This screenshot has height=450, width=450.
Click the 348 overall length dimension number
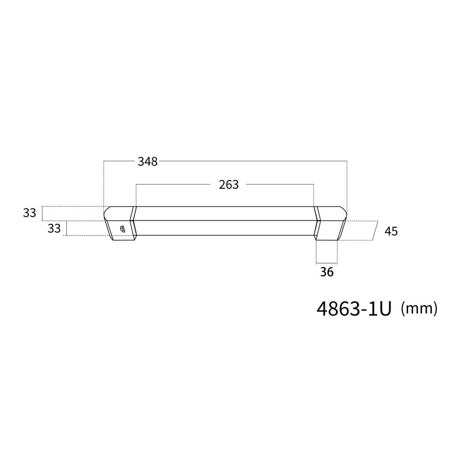click(x=148, y=162)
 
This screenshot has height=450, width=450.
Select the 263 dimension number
click(x=229, y=184)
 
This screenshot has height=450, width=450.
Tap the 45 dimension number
click(x=391, y=231)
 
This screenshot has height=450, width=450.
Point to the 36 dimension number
click(x=327, y=272)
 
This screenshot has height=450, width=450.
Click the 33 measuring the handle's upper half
click(x=30, y=213)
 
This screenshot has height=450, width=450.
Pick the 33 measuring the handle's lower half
click(x=54, y=228)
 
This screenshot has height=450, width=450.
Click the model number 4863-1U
click(x=354, y=309)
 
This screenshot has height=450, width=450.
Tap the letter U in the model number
click(x=384, y=309)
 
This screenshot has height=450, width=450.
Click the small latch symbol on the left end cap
click(x=122, y=229)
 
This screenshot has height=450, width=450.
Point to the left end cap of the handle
click(x=119, y=223)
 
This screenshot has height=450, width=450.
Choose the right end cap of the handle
click(x=330, y=223)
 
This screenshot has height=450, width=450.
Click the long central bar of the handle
click(x=225, y=221)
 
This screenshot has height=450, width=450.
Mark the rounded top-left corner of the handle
click(x=106, y=210)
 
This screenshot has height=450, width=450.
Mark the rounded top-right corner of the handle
click(x=344, y=210)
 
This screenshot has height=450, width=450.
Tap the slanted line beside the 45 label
click(x=375, y=230)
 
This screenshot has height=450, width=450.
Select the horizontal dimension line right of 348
click(x=251, y=161)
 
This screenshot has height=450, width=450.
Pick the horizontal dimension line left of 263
click(x=172, y=184)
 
